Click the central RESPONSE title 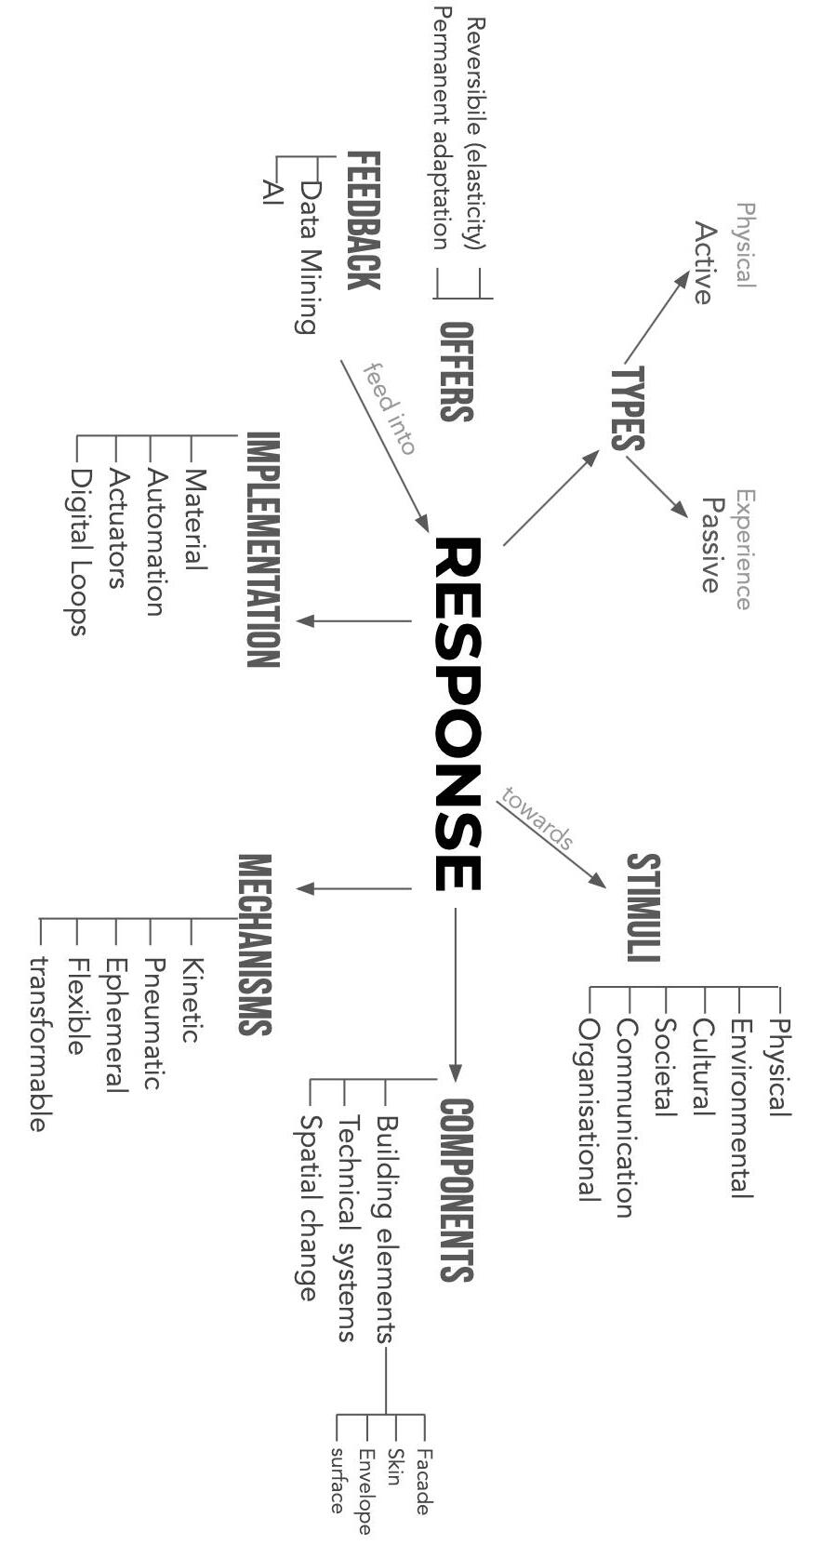click(x=457, y=713)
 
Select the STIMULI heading click(x=643, y=907)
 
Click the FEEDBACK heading click(x=363, y=220)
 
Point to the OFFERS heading click(x=456, y=371)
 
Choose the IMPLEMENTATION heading click(x=262, y=550)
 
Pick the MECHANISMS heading click(x=255, y=944)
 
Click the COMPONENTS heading click(x=457, y=1190)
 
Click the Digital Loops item click(x=80, y=551)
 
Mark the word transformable click(x=38, y=1044)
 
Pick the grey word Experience click(x=744, y=549)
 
